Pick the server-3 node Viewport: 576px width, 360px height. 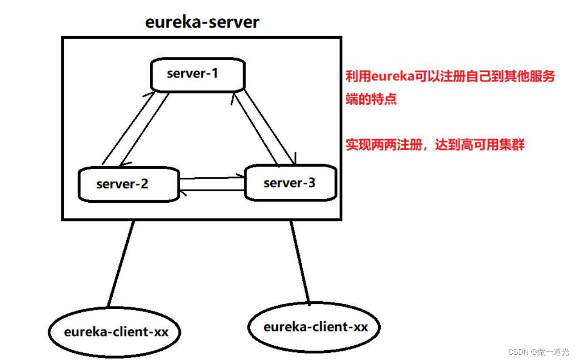(x=291, y=183)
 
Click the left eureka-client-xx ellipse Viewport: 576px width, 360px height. (x=115, y=332)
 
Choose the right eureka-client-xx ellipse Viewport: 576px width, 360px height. (x=315, y=327)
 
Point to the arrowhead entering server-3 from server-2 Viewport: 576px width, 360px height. (x=243, y=176)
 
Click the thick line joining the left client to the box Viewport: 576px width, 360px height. (x=121, y=264)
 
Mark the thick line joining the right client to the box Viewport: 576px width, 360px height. (x=300, y=263)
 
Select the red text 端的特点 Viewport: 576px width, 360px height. (x=371, y=99)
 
